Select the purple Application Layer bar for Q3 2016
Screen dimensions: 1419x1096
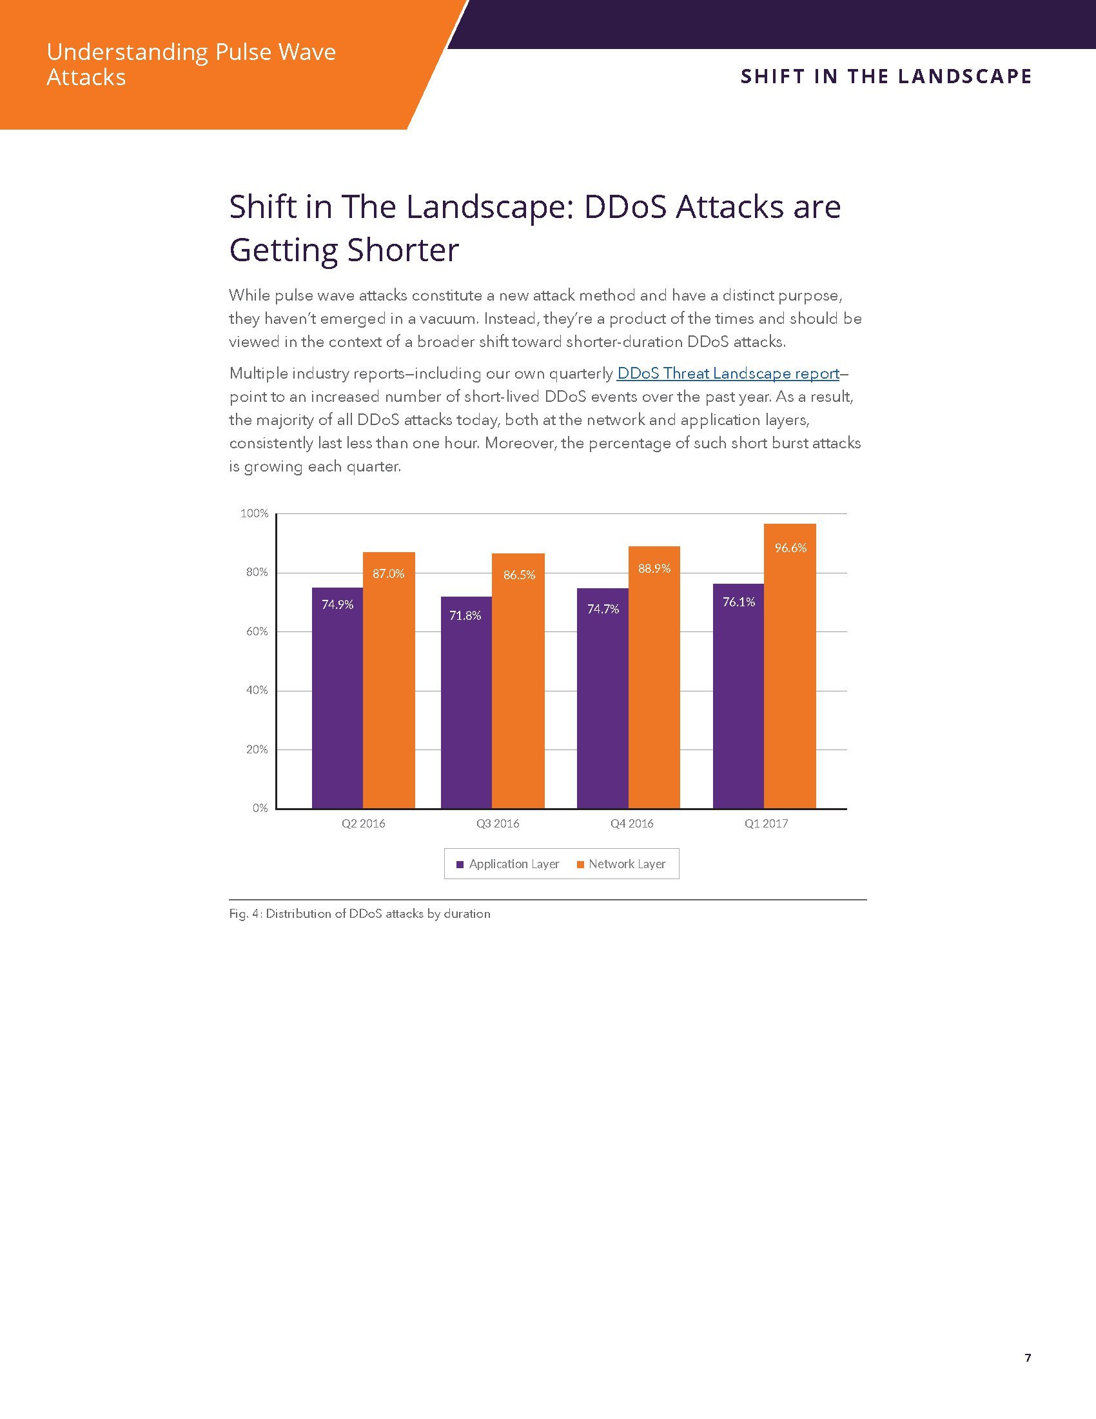point(466,708)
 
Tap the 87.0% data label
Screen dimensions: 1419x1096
point(388,573)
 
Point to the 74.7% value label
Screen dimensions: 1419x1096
point(603,610)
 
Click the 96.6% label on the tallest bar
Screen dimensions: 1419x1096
point(790,548)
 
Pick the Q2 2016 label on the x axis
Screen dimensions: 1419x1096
point(364,824)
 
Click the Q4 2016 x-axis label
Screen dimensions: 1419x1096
point(632,824)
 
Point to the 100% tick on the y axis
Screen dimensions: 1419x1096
point(255,514)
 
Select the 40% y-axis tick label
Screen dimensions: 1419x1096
point(257,690)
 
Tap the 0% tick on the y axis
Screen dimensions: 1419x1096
point(260,808)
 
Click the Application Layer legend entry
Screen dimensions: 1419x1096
point(508,864)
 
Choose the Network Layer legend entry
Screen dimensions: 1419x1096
point(621,864)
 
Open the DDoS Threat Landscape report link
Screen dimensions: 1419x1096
point(728,373)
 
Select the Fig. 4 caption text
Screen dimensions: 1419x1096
point(360,914)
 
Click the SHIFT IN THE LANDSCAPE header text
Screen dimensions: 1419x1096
point(886,77)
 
